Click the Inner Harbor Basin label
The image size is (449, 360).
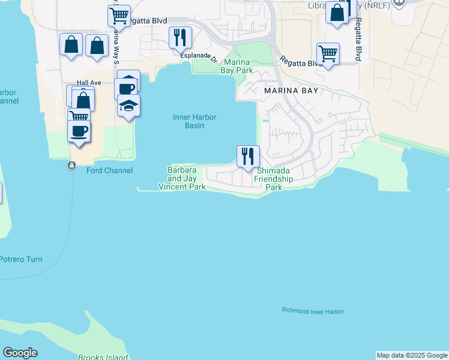[x=194, y=121]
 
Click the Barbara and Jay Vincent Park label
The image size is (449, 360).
[x=182, y=179]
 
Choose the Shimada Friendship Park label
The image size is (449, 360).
[x=274, y=179]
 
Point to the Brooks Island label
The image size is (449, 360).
[x=103, y=357]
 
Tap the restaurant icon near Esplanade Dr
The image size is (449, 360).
[x=180, y=38]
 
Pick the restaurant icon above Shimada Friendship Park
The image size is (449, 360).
[x=248, y=157]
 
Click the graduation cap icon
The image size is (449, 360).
[x=128, y=106]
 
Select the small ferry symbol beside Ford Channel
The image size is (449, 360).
[x=72, y=166]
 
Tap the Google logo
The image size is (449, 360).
[x=20, y=353]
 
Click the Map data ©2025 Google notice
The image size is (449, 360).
[x=412, y=355]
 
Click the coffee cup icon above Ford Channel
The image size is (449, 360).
[x=79, y=130]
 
